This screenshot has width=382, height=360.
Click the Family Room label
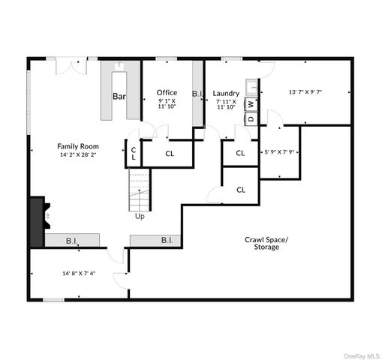point(78,146)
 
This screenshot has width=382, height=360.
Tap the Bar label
point(119,96)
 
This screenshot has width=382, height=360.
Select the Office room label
point(167,93)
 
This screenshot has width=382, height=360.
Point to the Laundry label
point(226,94)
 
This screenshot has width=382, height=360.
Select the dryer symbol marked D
point(251,118)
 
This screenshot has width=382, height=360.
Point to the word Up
point(140,217)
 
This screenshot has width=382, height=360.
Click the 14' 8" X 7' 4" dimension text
point(79,274)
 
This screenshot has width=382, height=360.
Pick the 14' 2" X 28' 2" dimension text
point(78,155)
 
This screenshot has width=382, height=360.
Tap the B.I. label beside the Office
point(198,94)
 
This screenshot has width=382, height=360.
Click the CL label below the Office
point(170,154)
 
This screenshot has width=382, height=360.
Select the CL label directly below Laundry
point(240,153)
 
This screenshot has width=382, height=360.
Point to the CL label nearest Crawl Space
point(241,190)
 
